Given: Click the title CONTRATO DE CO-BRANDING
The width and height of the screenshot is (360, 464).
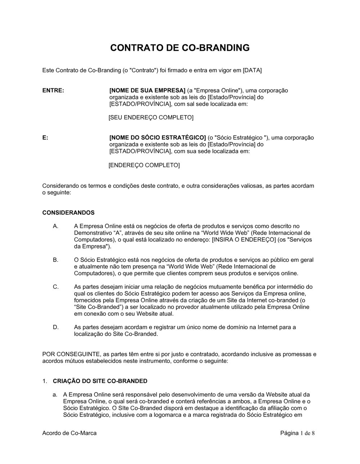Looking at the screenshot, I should coord(180,48).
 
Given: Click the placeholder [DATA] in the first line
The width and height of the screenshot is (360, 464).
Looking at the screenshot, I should coord(252,70).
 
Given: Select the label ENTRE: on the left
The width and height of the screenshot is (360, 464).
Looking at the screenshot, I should coord(53,91).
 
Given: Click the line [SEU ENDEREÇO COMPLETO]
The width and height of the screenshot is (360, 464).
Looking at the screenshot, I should coord(151,118).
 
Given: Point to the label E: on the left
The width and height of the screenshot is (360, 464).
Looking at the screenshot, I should coord(45,138).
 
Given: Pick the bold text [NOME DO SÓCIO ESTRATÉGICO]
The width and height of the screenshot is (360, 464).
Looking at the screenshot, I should coord(157,138).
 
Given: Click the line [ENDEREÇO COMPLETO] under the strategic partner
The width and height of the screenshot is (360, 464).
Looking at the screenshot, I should coord(144,165).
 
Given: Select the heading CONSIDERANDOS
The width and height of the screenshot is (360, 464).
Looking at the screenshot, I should coord(68,213).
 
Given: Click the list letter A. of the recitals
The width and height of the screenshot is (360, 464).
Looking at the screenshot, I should coord(55,226).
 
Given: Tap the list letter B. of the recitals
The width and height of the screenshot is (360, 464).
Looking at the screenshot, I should coord(55,260).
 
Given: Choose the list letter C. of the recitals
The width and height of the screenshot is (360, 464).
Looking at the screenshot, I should coord(55,287).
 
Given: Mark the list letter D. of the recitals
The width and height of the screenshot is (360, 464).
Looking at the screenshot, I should coord(55,327).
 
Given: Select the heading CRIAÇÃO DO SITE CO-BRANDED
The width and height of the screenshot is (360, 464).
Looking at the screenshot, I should coord(100,381).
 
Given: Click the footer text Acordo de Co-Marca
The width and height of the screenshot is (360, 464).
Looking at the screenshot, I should coord(69,433).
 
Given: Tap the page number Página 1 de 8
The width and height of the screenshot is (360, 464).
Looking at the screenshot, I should coord(297,433).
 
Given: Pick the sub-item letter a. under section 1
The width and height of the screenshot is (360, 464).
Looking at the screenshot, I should coord(55,395).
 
